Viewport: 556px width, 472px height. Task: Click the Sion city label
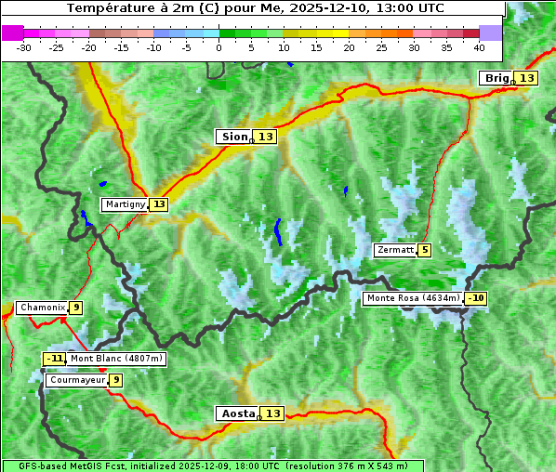(x=233, y=137)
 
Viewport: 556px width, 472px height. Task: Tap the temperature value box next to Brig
(x=526, y=78)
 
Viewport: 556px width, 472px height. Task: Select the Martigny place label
(x=125, y=204)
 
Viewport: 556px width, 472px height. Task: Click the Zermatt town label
(x=394, y=250)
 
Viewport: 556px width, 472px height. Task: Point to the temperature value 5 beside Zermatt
(x=425, y=250)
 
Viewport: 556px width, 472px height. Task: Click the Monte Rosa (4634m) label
(x=412, y=298)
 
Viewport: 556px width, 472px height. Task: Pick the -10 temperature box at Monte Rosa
(x=476, y=298)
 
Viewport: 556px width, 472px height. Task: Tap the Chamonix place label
(x=42, y=308)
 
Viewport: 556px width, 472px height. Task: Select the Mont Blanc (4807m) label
(x=116, y=359)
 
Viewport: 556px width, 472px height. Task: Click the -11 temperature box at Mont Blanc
(x=55, y=359)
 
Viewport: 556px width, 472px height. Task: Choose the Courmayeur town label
(x=76, y=380)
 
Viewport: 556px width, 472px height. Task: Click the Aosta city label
(x=236, y=413)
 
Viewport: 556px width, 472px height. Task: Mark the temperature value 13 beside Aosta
(x=272, y=413)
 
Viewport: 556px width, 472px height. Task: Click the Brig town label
(x=496, y=78)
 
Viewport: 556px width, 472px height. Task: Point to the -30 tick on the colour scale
(x=24, y=46)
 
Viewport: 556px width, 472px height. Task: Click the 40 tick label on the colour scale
(x=479, y=46)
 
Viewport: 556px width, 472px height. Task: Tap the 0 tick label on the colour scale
(x=219, y=46)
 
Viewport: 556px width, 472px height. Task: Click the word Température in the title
(x=105, y=8)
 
